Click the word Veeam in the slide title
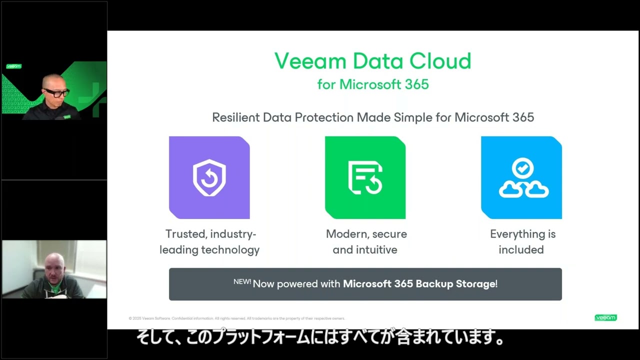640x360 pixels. pyautogui.click(x=310, y=61)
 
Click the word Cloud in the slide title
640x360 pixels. pyautogui.click(x=440, y=61)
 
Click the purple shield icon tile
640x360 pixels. pyautogui.click(x=209, y=177)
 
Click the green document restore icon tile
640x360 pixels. pyautogui.click(x=365, y=177)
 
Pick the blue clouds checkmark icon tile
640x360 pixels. pyautogui.click(x=521, y=177)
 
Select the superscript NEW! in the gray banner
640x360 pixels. pyautogui.click(x=242, y=281)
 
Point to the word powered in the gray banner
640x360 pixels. pyautogui.click(x=298, y=284)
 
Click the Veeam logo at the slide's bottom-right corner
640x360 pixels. pyautogui.click(x=605, y=317)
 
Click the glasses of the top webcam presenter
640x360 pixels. pyautogui.click(x=56, y=92)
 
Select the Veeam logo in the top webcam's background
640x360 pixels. pyautogui.click(x=14, y=66)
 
